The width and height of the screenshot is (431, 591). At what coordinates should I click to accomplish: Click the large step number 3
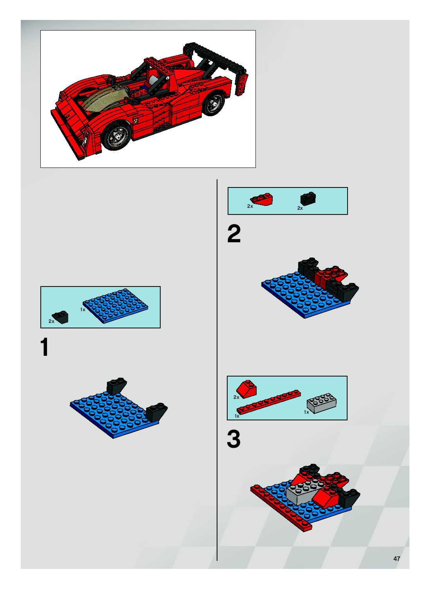pos(234,439)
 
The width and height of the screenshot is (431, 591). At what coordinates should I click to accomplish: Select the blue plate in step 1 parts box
pos(115,306)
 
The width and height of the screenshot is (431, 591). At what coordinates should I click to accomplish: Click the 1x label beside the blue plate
pos(83,310)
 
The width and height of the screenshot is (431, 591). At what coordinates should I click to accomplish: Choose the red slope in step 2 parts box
pos(262,200)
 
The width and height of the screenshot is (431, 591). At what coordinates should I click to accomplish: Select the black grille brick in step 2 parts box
pos(308,199)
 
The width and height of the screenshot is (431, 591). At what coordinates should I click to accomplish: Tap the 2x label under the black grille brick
pos(300,208)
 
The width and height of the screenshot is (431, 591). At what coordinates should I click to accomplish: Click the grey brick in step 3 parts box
pos(321,403)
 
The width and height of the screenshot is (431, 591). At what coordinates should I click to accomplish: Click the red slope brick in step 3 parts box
pos(246,389)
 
